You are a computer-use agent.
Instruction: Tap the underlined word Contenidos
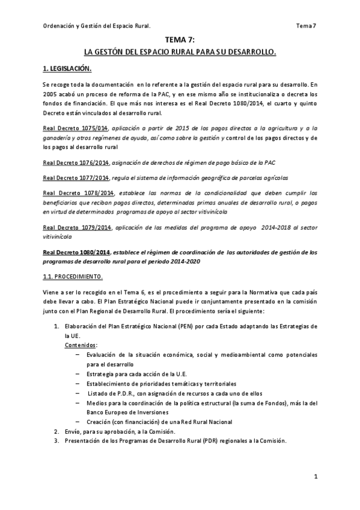[x=81, y=346]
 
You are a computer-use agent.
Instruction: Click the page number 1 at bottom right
[x=315, y=476]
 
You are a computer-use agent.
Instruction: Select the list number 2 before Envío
[x=56, y=431]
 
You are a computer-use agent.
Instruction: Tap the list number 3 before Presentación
[x=56, y=440]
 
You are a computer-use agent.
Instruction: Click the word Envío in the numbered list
[x=75, y=431]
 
